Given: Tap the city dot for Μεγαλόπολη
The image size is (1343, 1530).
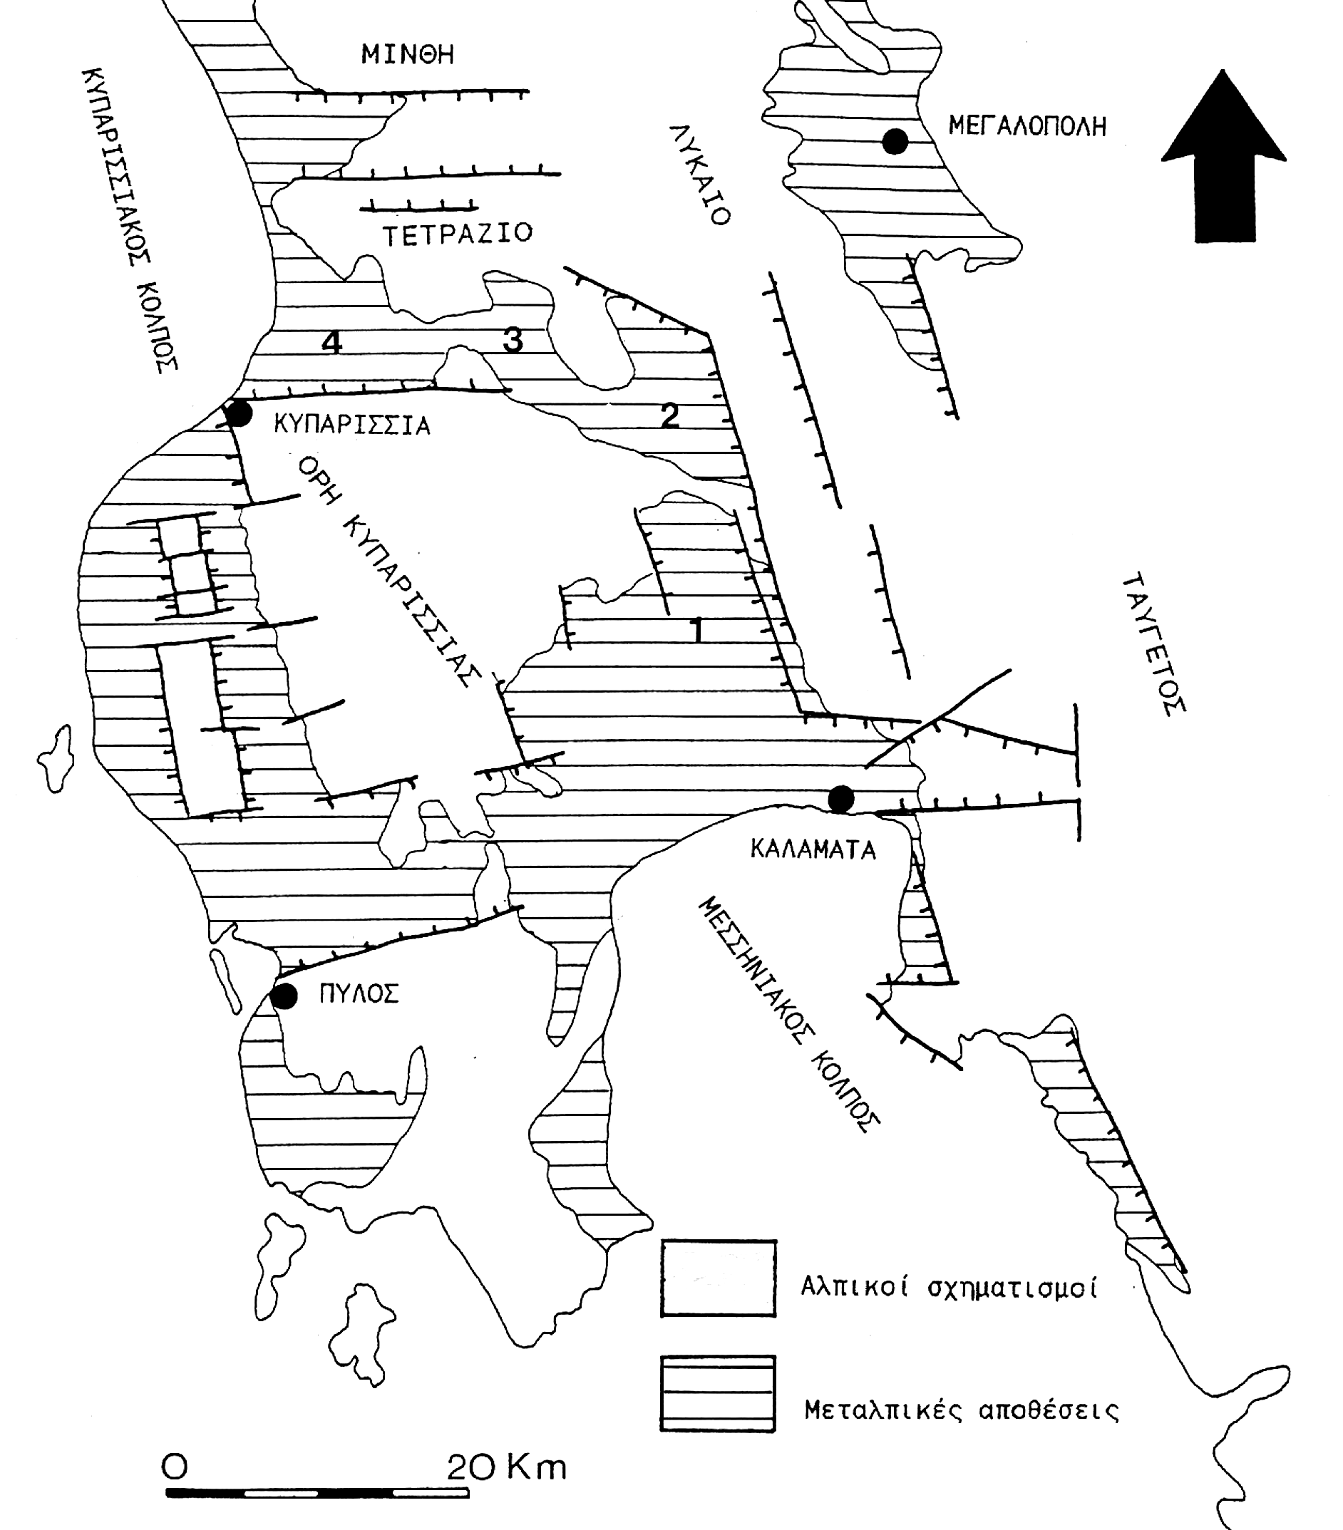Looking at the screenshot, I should pyautogui.click(x=895, y=140).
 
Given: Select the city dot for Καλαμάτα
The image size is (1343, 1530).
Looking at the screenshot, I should pyautogui.click(x=840, y=799).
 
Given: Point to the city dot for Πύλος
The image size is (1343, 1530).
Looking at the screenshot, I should pyautogui.click(x=284, y=996).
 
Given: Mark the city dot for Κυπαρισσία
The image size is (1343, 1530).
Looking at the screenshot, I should pyautogui.click(x=239, y=413).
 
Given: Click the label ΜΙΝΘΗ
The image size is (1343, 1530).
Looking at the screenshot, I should pyautogui.click(x=408, y=55).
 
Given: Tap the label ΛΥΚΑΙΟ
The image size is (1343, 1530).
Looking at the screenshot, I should pyautogui.click(x=699, y=175).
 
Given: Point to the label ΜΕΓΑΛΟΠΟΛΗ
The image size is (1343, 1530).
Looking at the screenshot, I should pyautogui.click(x=1027, y=125).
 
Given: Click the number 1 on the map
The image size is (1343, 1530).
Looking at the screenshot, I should pyautogui.click(x=698, y=630).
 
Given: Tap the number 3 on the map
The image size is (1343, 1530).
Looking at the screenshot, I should pyautogui.click(x=513, y=340).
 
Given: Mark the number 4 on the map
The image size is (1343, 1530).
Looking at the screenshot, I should pyautogui.click(x=331, y=343).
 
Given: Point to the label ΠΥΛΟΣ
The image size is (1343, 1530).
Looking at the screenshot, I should pyautogui.click(x=359, y=994).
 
